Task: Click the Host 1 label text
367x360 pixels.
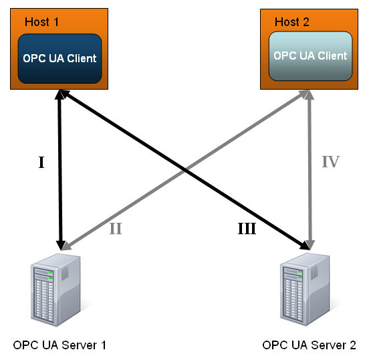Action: (41, 22)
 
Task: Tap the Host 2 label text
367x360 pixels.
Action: (292, 22)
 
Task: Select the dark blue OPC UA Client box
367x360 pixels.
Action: (60, 59)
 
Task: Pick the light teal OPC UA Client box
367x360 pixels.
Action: (311, 56)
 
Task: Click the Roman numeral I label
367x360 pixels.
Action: (41, 163)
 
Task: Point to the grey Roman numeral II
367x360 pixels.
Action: (116, 229)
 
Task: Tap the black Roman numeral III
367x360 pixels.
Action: (247, 229)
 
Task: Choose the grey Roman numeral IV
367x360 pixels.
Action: (331, 162)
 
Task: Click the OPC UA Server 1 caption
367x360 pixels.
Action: (59, 345)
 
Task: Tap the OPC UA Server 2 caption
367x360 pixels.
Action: (310, 345)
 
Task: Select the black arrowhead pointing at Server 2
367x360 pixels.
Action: (305, 245)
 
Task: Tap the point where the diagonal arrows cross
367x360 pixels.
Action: (185, 170)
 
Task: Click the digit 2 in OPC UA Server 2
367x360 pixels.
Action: (353, 345)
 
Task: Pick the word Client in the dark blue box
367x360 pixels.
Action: (82, 59)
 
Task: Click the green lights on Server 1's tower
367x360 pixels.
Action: (50, 276)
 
